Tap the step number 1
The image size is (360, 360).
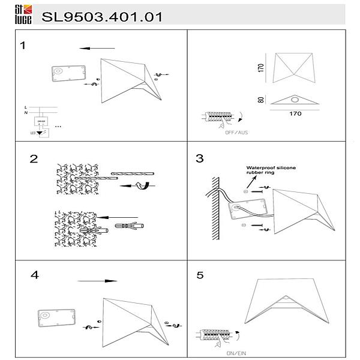(23, 45)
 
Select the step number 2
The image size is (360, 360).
(34, 159)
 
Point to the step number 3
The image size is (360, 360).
(200, 159)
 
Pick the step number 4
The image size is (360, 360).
(35, 275)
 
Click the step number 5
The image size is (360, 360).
(200, 275)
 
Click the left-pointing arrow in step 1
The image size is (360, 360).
(96, 48)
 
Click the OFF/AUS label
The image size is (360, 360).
(235, 131)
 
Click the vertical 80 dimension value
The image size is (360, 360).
(261, 100)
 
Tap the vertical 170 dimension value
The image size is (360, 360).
(261, 67)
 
